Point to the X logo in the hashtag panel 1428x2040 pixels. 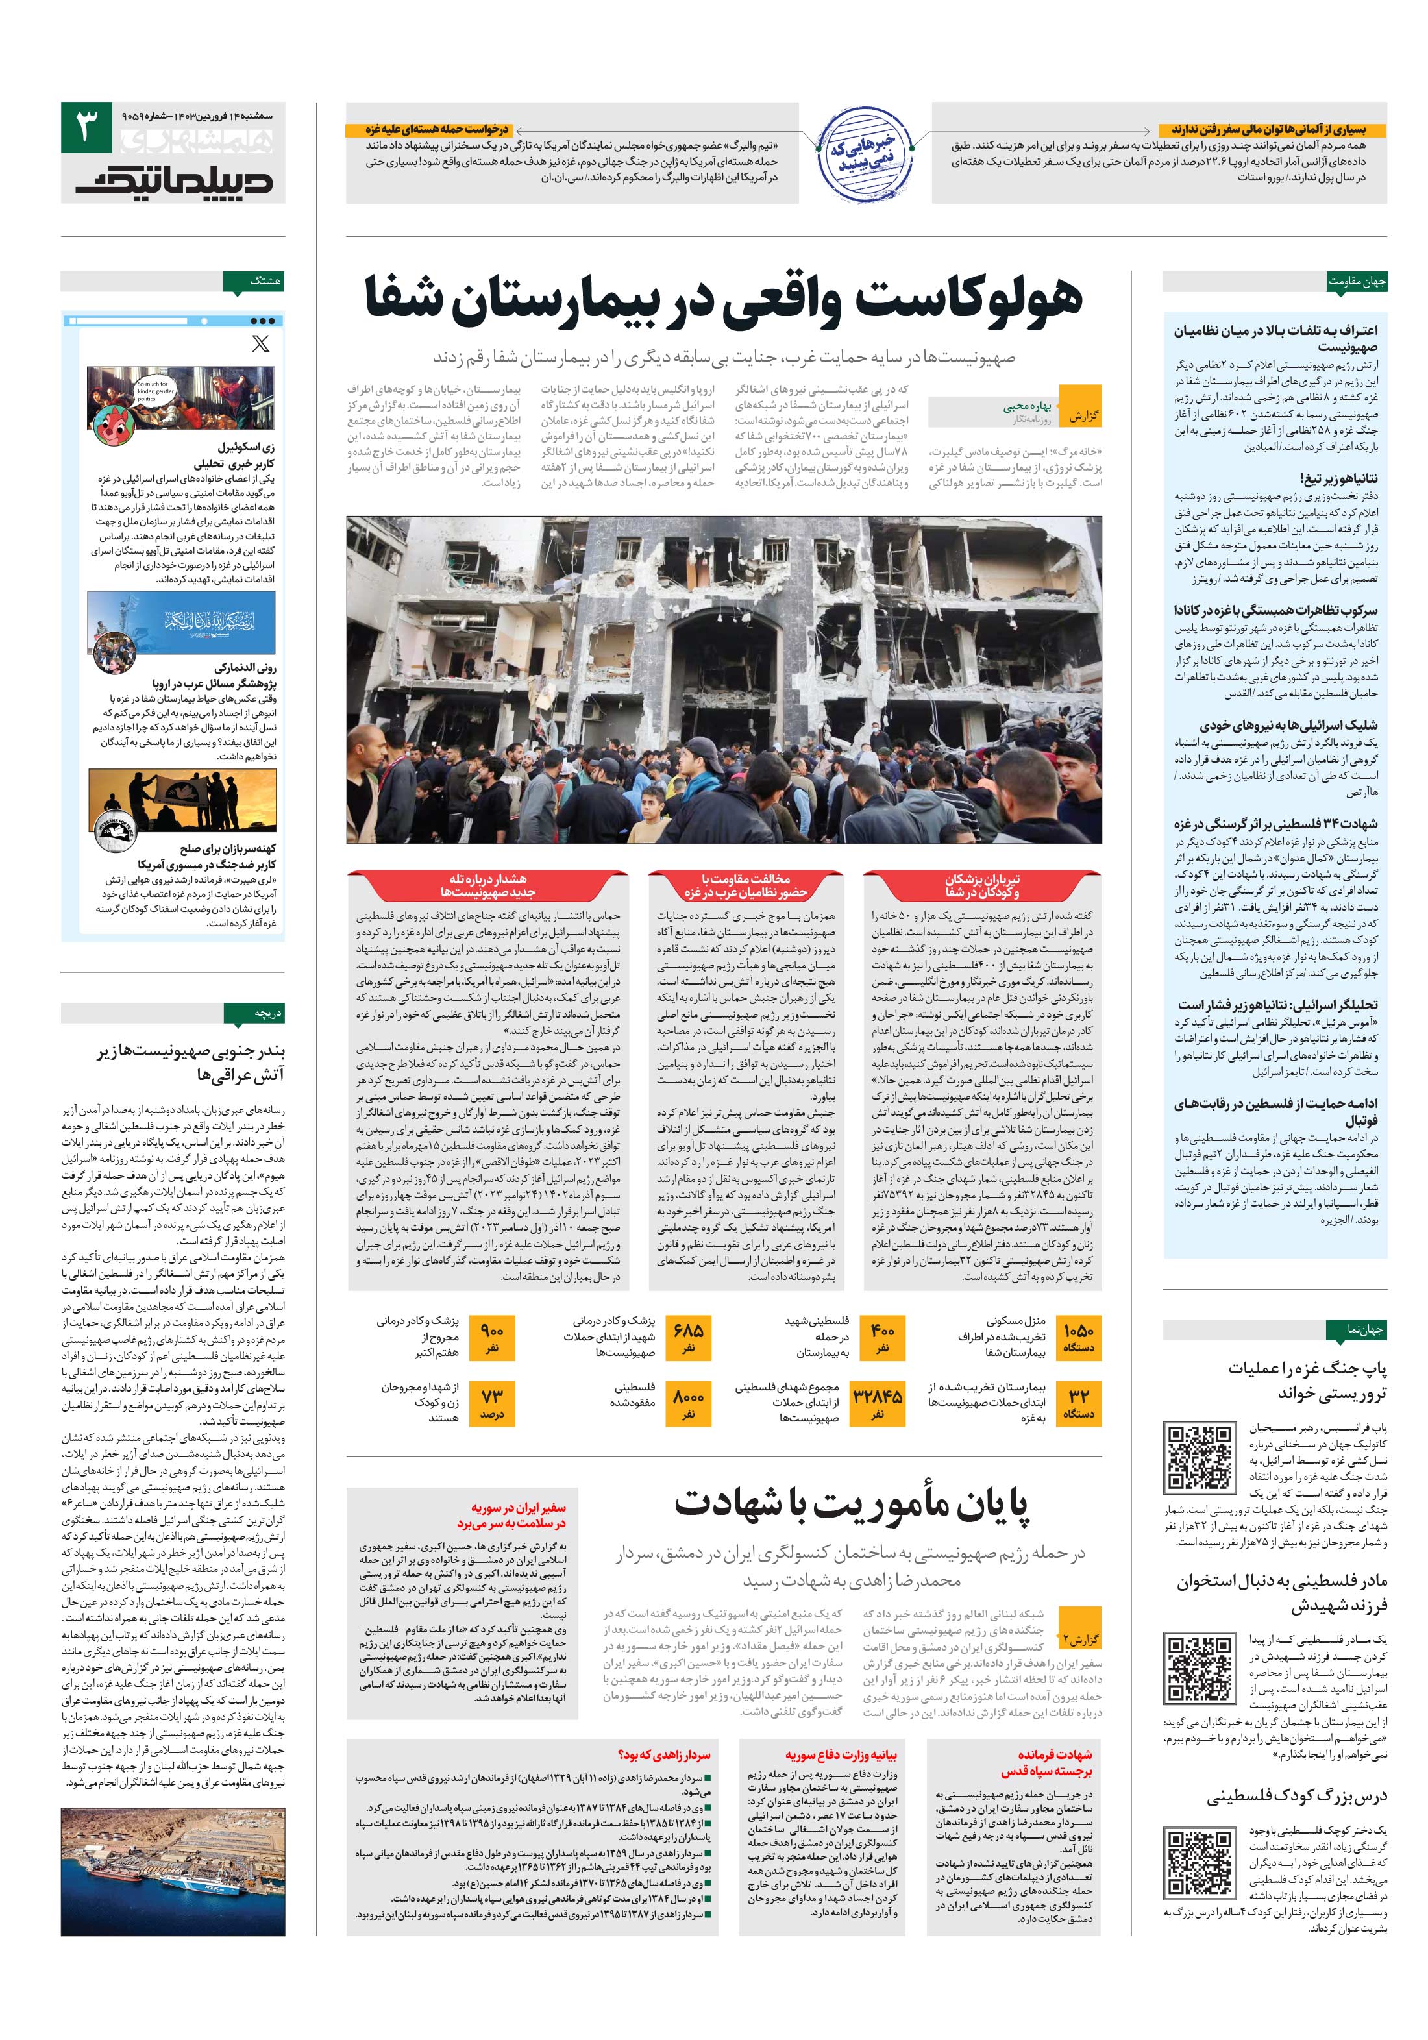click(260, 344)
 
